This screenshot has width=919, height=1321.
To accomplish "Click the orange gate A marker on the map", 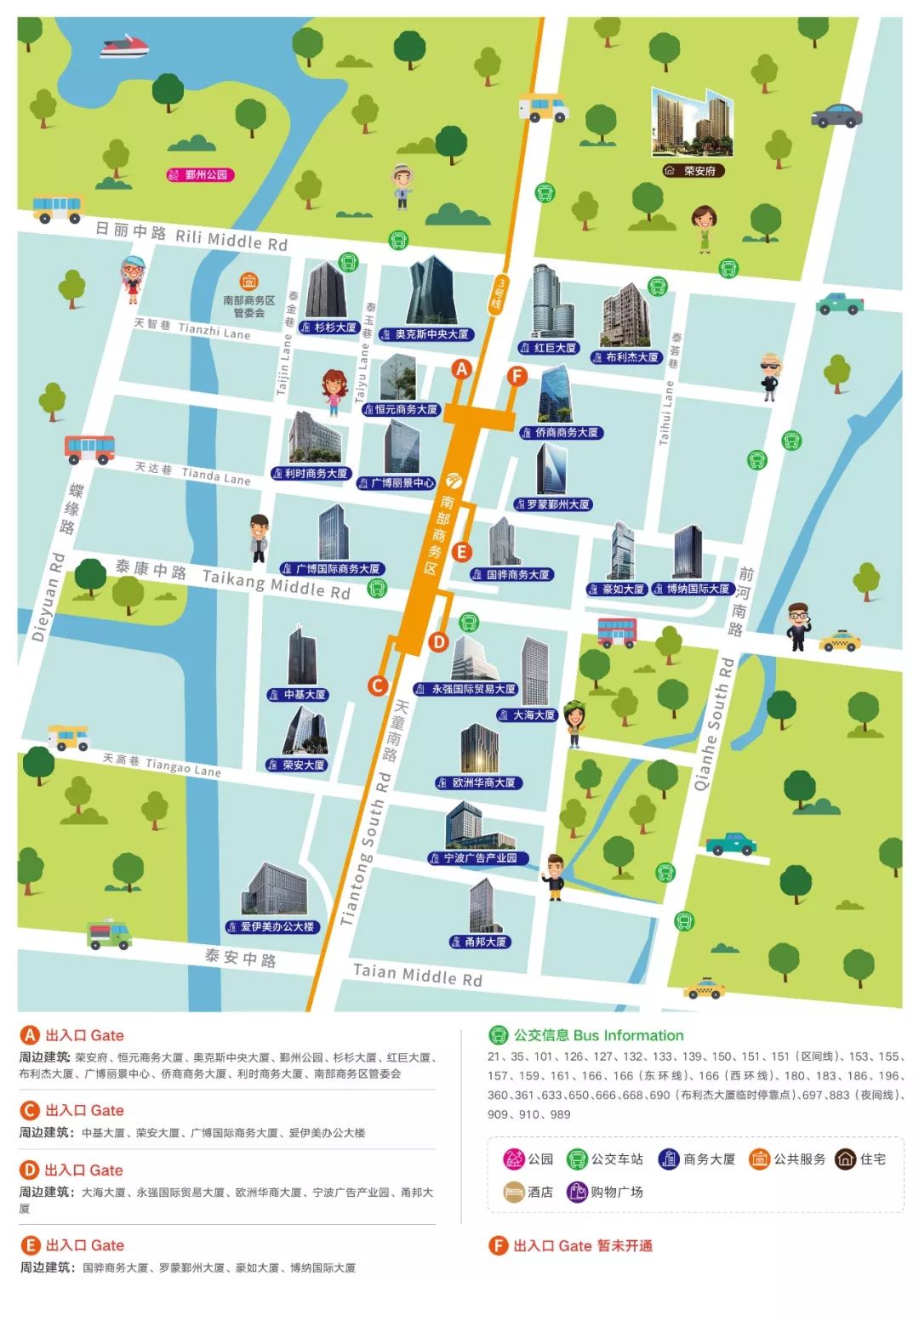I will [x=461, y=369].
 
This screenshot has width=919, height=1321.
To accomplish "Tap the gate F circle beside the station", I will [x=517, y=376].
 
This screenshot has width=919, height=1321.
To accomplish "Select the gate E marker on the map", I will [x=461, y=552].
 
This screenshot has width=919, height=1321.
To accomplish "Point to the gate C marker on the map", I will [x=378, y=686].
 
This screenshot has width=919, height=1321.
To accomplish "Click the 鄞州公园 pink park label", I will [x=200, y=175].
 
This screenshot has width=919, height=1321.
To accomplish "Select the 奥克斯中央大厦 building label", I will [x=425, y=334].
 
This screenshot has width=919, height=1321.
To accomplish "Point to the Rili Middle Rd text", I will [x=231, y=239].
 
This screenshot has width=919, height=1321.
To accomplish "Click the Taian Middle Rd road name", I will [x=417, y=975].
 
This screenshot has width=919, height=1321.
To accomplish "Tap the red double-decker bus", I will [x=617, y=632].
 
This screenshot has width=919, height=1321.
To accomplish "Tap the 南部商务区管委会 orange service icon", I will [x=248, y=281].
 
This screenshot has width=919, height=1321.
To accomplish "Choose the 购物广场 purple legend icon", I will [x=578, y=1192].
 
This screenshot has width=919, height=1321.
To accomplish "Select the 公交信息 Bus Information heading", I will [x=598, y=1035].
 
